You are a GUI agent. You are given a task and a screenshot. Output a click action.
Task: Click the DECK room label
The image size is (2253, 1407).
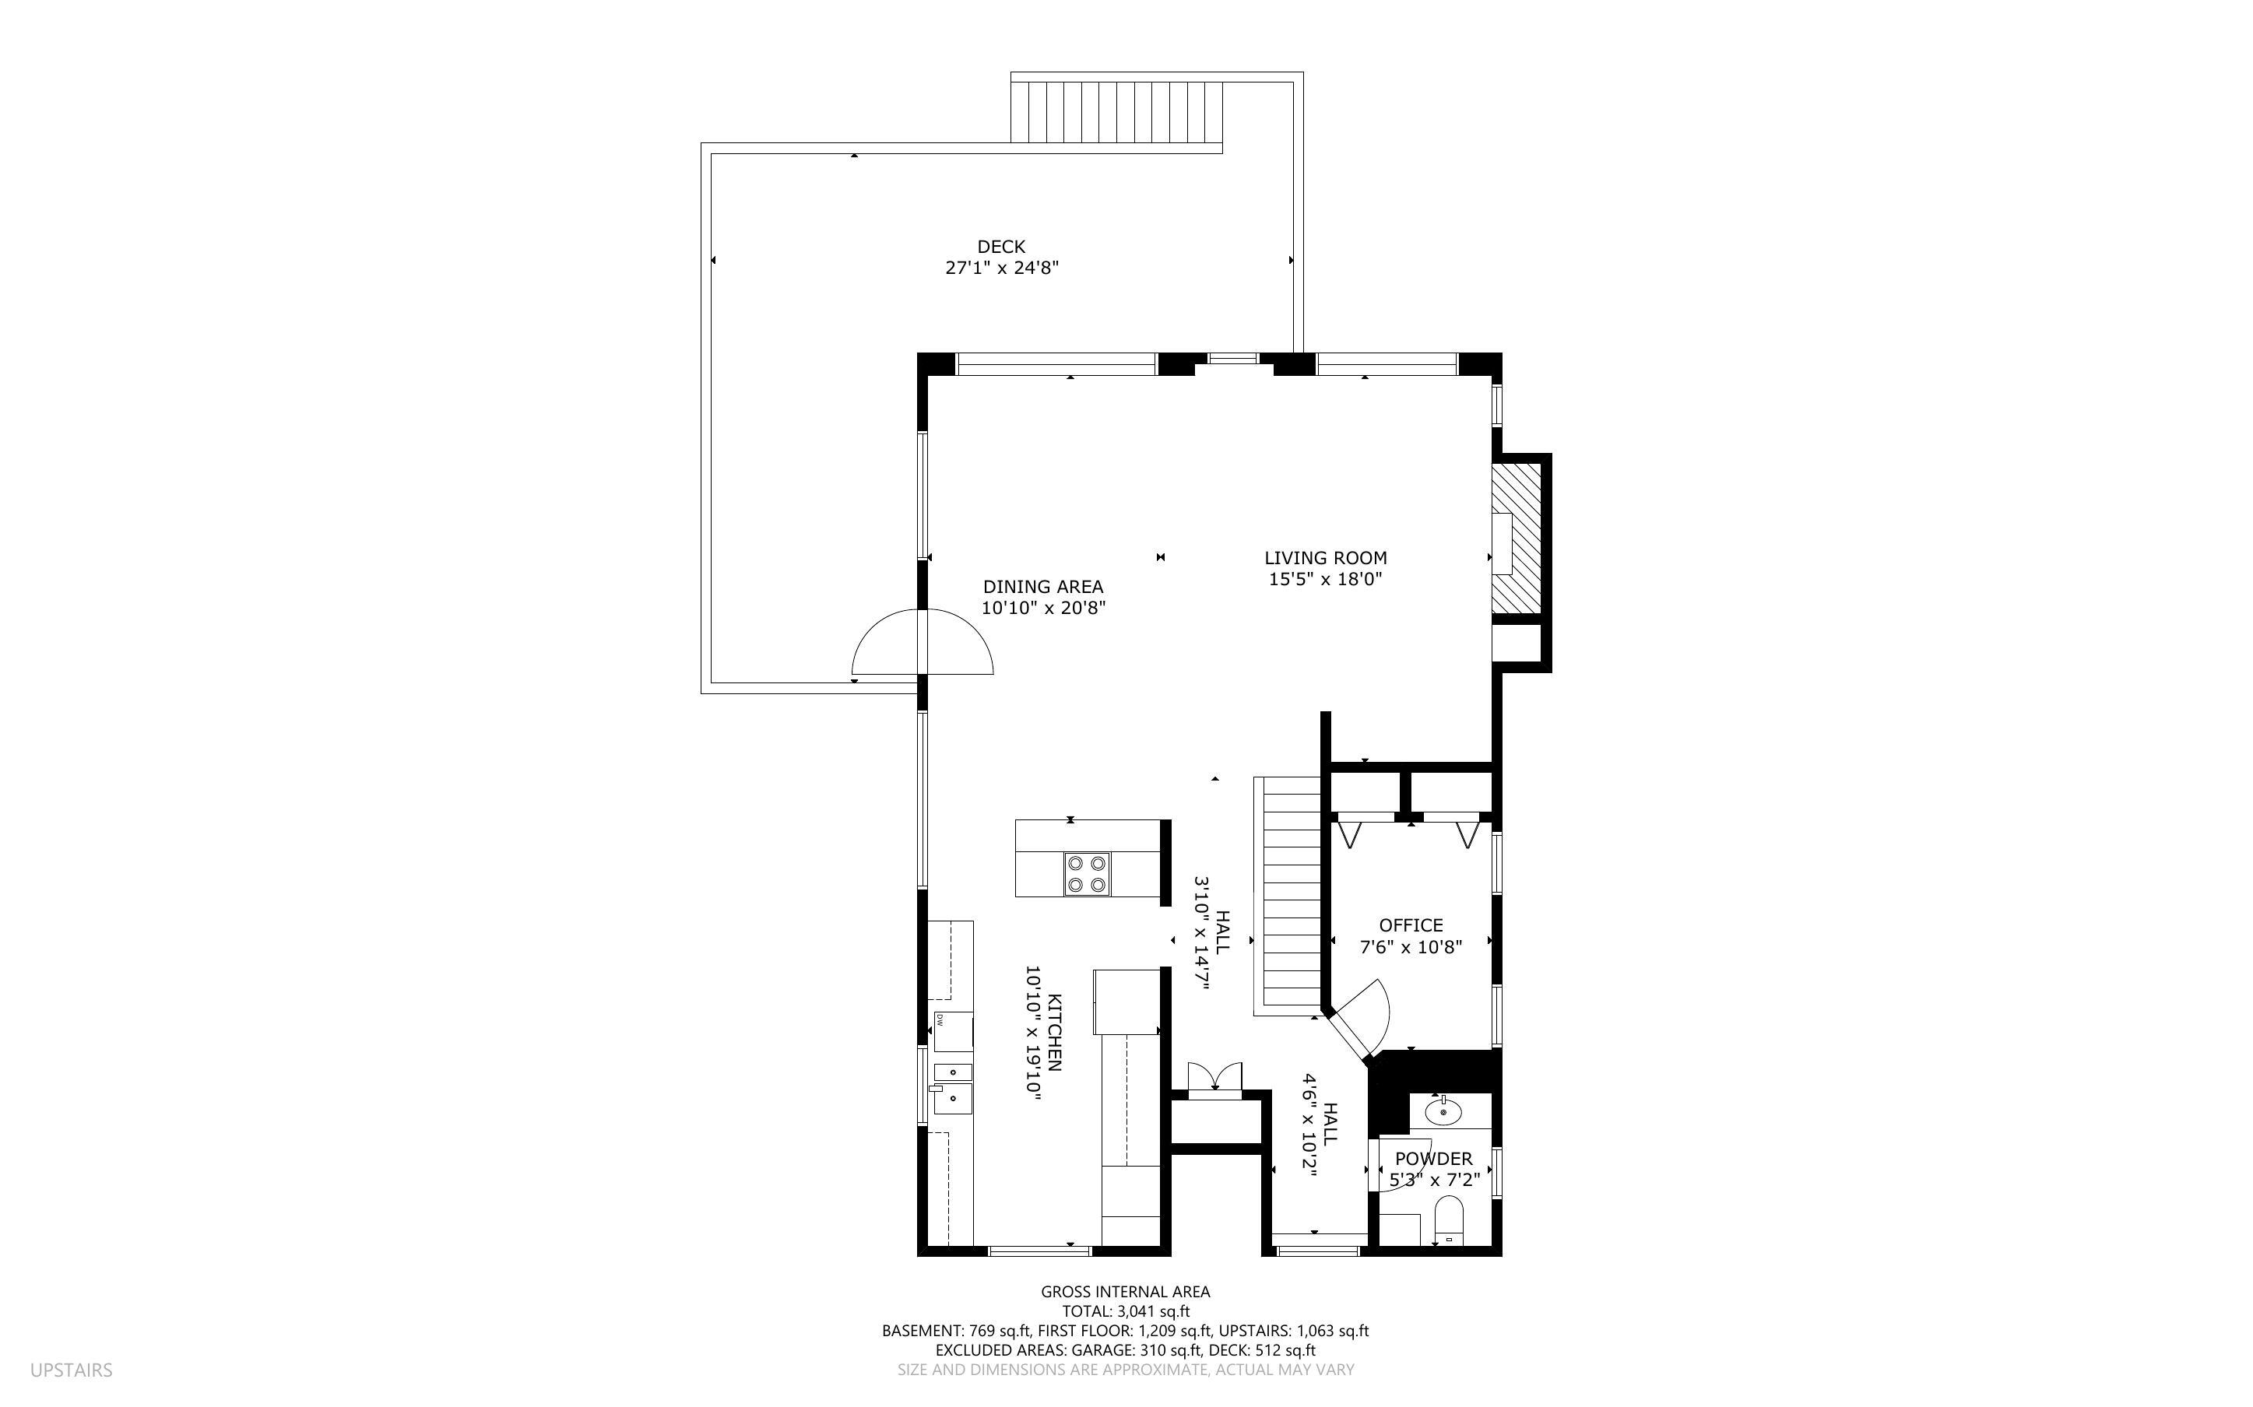point(1000,247)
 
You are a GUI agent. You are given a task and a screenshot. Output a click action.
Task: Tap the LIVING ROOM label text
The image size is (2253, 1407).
point(1324,558)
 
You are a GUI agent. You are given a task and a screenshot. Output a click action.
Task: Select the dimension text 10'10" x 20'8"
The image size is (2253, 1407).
point(1042,609)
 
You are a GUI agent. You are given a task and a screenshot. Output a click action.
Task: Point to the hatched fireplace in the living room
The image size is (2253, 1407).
point(1516,540)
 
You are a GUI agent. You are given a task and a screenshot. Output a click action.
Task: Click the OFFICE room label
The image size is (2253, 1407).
point(1410,925)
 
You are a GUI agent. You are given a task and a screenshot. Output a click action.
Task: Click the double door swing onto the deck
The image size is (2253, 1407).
point(923,643)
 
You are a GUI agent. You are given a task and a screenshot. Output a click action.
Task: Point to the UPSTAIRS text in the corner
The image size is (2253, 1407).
point(71,1370)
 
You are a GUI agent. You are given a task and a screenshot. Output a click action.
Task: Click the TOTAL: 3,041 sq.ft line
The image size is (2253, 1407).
point(1125,1311)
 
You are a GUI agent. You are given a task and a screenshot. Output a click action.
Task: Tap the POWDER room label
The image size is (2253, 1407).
point(1433,1159)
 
